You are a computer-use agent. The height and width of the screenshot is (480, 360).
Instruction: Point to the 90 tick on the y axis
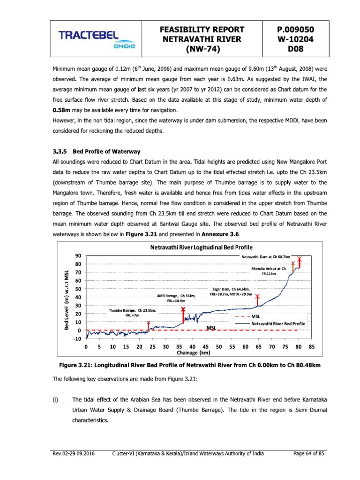(x=79, y=256)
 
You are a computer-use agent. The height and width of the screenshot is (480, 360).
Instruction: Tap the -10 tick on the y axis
(x=78, y=339)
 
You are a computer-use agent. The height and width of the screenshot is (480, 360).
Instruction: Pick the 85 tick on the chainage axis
(x=311, y=347)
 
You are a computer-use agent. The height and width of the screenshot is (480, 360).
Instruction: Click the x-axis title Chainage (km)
(x=195, y=352)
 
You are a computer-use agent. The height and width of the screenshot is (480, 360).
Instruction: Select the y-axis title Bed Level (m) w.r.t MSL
(x=67, y=300)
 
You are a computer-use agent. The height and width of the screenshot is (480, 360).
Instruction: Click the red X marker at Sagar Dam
(x=257, y=297)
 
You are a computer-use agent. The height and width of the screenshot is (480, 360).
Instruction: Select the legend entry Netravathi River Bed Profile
(x=278, y=324)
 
